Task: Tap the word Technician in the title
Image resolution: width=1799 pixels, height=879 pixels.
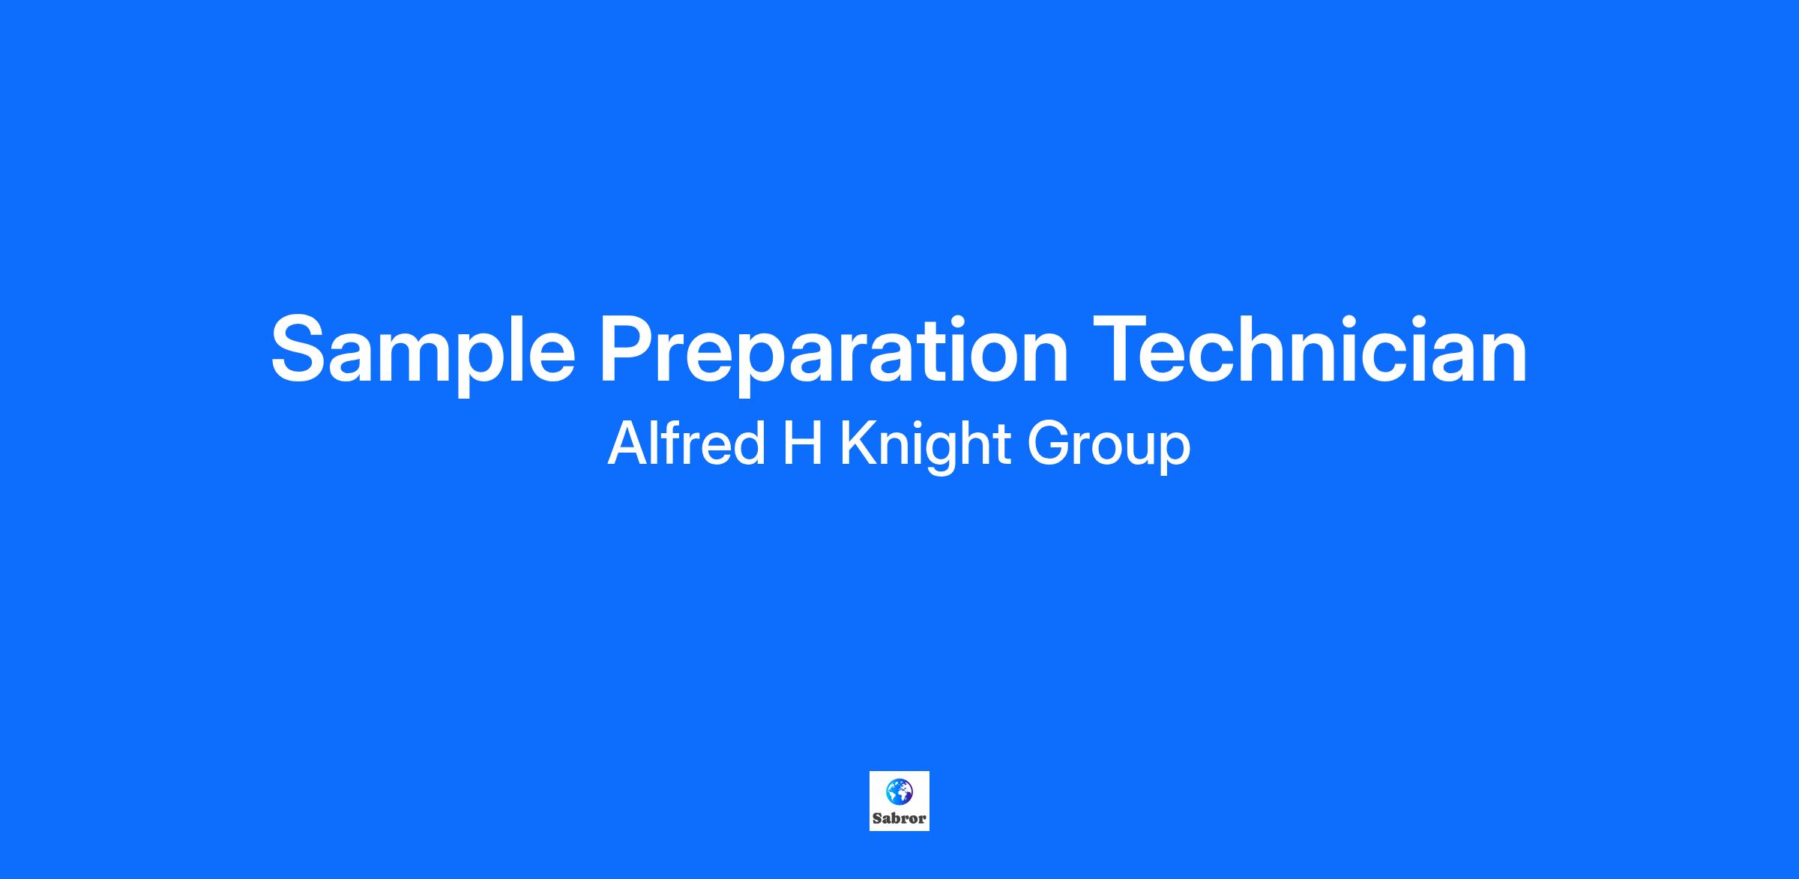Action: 1310,345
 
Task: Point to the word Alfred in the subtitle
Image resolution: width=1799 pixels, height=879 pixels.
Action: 685,444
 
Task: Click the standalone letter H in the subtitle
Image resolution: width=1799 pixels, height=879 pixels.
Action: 802,444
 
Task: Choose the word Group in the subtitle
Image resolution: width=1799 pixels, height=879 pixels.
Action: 1109,448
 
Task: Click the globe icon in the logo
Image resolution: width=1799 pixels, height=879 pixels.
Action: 899,791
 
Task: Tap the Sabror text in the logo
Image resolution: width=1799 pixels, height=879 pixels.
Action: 899,818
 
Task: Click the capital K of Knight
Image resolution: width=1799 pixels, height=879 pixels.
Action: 860,444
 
